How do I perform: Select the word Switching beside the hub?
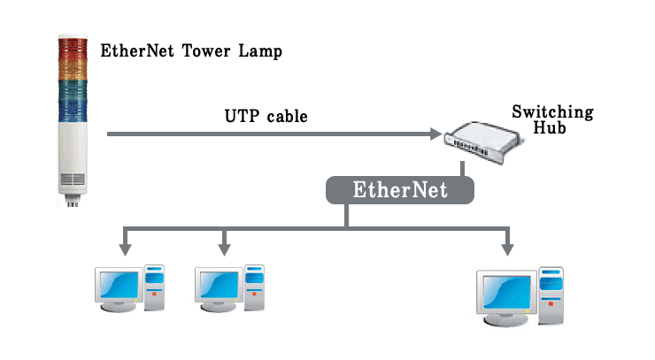tap(552, 113)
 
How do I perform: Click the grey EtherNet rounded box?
tap(400, 190)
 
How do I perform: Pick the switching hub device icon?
tap(477, 142)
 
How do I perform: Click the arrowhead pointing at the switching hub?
tap(435, 134)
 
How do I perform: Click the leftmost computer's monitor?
tap(119, 284)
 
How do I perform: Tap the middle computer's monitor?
tap(218, 284)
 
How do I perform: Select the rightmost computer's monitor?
tap(505, 292)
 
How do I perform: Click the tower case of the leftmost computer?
tap(155, 285)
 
